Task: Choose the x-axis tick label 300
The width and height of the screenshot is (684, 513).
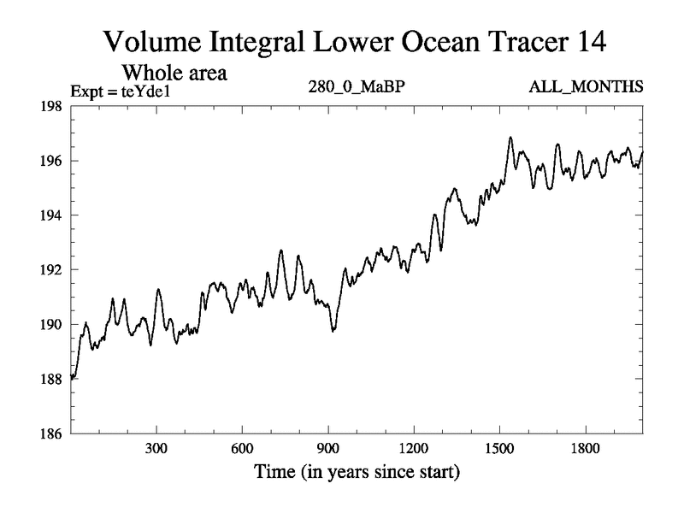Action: click(x=156, y=448)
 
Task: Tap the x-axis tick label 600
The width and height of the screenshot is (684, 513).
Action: click(x=242, y=448)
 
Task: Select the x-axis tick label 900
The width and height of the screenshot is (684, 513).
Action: click(x=327, y=448)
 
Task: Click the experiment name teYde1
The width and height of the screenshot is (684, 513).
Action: click(x=148, y=88)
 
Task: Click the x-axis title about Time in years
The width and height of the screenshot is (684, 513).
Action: click(x=356, y=471)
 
